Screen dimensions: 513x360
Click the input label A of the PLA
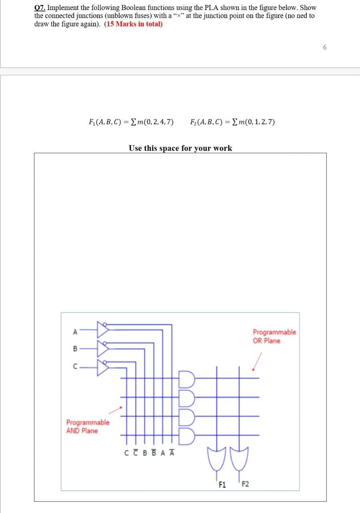[74, 331]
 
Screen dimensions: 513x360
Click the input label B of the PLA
[74, 349]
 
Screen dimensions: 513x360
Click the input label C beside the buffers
[74, 366]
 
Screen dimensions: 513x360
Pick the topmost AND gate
[188, 378]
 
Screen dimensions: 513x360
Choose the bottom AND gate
[188, 434]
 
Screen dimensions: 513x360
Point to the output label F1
[223, 485]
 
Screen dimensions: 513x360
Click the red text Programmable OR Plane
[274, 336]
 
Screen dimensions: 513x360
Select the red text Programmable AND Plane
[87, 426]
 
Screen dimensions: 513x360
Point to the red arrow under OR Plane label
[257, 361]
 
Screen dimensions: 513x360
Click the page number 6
[325, 47]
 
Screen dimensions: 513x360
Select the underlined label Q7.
[39, 8]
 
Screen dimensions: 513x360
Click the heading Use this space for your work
[180, 148]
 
